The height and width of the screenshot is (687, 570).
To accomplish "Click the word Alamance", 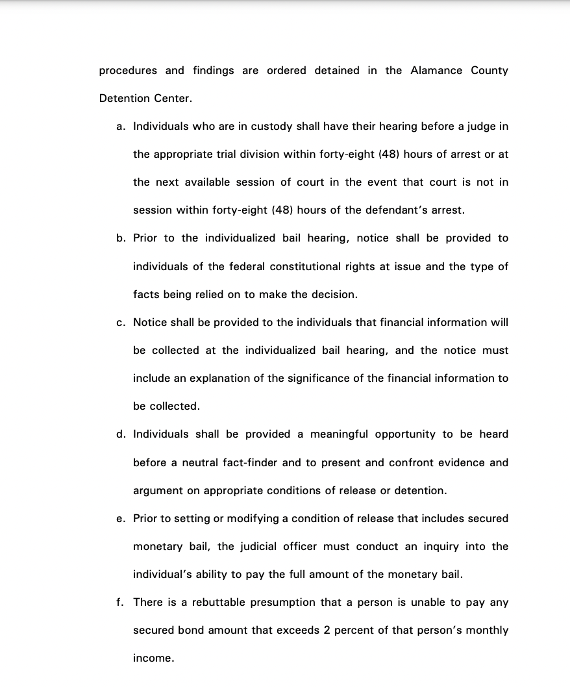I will pyautogui.click(x=436, y=71).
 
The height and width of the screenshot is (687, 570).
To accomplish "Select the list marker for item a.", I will pyautogui.click(x=121, y=127).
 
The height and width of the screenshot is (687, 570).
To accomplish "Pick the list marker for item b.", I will pyautogui.click(x=121, y=238).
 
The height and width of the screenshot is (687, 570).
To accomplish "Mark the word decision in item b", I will pyautogui.click(x=334, y=294).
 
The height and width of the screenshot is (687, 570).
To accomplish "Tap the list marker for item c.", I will pyautogui.click(x=121, y=323).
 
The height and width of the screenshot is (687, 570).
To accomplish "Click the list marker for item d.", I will pyautogui.click(x=121, y=434).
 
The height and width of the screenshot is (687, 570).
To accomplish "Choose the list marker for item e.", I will pyautogui.click(x=121, y=519).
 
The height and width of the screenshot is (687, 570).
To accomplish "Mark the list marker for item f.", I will pyautogui.click(x=120, y=603).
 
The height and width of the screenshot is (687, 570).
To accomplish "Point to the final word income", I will pyautogui.click(x=153, y=658).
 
